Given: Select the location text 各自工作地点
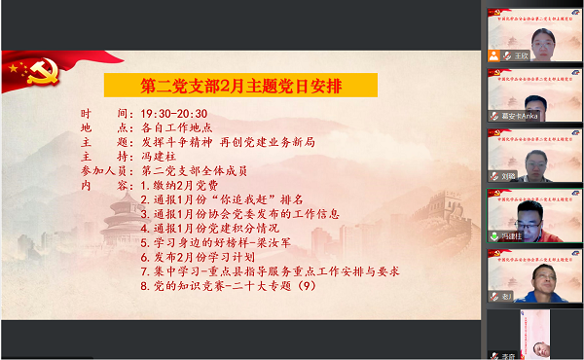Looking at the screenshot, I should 177,127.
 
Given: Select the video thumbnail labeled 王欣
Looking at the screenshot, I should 520,35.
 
